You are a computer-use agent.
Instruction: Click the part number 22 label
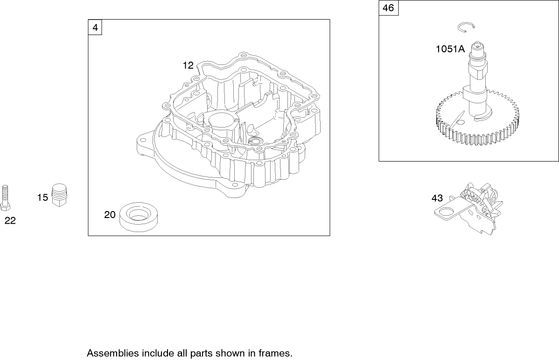[x=10, y=221]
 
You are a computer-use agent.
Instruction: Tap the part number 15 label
[x=42, y=198]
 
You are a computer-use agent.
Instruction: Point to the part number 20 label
[x=110, y=215]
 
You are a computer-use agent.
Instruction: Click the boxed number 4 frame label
[x=95, y=28]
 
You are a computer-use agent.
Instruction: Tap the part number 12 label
[x=188, y=66]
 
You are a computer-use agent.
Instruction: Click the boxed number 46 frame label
[x=388, y=8]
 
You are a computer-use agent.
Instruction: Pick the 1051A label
[x=450, y=49]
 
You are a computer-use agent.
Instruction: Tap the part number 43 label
[x=437, y=198]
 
